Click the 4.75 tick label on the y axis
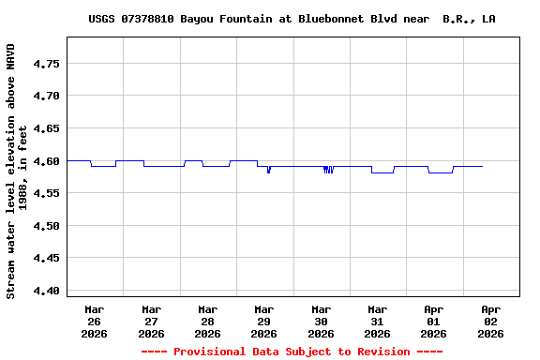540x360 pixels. (47, 64)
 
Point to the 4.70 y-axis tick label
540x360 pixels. (47, 96)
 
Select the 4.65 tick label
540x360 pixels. (47, 128)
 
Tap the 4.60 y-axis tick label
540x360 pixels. (47, 161)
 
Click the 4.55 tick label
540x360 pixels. (47, 193)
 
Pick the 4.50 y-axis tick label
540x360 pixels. (47, 226)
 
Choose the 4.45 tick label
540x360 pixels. (47, 258)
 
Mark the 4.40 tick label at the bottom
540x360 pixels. (47, 291)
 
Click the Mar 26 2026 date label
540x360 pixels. (95, 321)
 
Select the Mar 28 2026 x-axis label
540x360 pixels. (207, 321)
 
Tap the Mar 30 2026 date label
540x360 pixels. (321, 321)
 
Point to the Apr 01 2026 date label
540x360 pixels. (433, 321)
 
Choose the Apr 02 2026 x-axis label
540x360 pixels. (489, 321)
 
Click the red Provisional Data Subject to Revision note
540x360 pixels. (292, 352)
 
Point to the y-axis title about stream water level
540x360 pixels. (17, 171)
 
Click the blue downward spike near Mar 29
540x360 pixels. (268, 170)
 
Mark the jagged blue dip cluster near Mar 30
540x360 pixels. (328, 170)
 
